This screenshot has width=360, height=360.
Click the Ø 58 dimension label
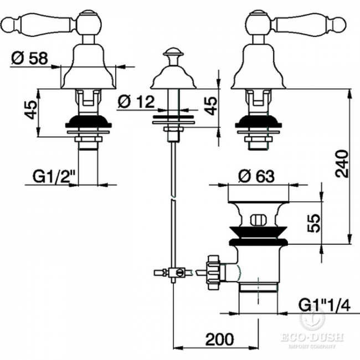pyautogui.click(x=29, y=58)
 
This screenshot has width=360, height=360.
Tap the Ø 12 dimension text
pyautogui.click(x=136, y=101)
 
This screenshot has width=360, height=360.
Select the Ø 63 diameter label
pyautogui.click(x=256, y=176)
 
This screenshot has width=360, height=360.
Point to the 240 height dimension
pyautogui.click(x=342, y=164)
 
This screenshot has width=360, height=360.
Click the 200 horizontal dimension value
pyautogui.click(x=220, y=340)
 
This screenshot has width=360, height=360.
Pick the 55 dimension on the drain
pyautogui.click(x=313, y=223)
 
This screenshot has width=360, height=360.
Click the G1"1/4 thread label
pyautogui.click(x=324, y=305)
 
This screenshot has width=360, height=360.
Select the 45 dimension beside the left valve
pyautogui.click(x=31, y=110)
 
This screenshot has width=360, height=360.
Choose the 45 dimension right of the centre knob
pyautogui.click(x=211, y=106)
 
